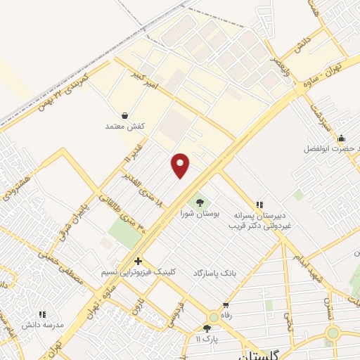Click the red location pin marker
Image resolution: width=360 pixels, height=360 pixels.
click(x=181, y=165)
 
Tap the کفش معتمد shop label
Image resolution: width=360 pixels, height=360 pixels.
click(x=124, y=126)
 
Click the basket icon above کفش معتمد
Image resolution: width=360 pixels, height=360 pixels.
click(x=124, y=115)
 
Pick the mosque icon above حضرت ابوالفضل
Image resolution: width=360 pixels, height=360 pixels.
click(x=341, y=138)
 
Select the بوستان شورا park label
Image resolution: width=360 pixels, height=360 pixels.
click(x=200, y=212)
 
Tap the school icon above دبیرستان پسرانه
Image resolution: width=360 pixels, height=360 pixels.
click(x=259, y=205)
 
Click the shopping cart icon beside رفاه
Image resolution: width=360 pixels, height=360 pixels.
click(x=226, y=306)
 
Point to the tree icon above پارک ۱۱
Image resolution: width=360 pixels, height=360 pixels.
click(x=207, y=328)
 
